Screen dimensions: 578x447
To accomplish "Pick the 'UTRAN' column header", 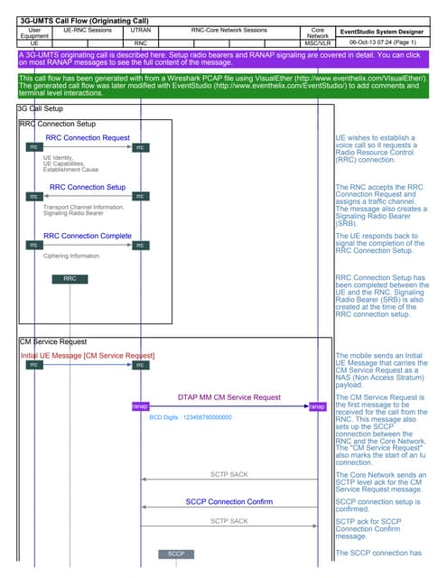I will coord(140,31).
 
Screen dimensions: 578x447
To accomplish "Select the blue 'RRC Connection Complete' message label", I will coord(88,236).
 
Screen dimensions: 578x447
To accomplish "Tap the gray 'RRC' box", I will coord(70,279).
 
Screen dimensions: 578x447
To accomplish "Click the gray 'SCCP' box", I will coord(176,553).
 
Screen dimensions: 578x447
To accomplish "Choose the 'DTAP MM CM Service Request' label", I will coord(228,396).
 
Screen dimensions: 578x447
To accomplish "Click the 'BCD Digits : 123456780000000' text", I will coord(191,417).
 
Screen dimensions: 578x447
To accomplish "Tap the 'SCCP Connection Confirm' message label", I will coord(228,501).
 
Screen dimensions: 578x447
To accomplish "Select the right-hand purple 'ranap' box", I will coord(317,406).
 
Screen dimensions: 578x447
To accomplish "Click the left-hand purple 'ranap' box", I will coord(140,406).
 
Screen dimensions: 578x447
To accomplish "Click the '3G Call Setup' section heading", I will coord(41,107).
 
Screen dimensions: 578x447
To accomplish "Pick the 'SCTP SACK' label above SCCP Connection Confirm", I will coord(228,473).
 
